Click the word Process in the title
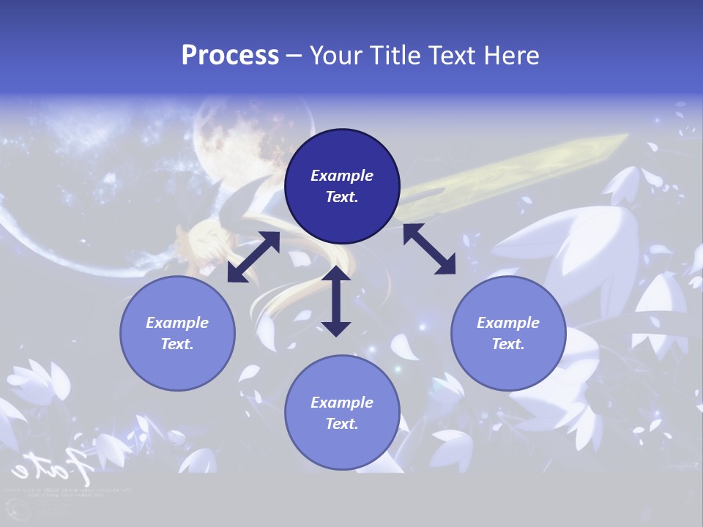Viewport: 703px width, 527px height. [x=230, y=56]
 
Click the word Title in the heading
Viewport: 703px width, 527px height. [x=392, y=56]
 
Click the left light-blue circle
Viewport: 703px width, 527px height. [x=177, y=333]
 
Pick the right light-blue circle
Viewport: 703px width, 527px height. [x=508, y=333]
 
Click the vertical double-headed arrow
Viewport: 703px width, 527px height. [x=336, y=301]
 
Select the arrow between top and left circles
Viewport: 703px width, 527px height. [x=253, y=257]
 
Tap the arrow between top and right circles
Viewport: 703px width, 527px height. [x=429, y=249]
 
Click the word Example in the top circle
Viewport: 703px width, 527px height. [x=342, y=176]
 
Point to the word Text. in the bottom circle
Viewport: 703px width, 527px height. [x=342, y=424]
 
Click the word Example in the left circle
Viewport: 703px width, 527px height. [x=177, y=323]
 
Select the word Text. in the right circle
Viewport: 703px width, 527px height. [x=508, y=344]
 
